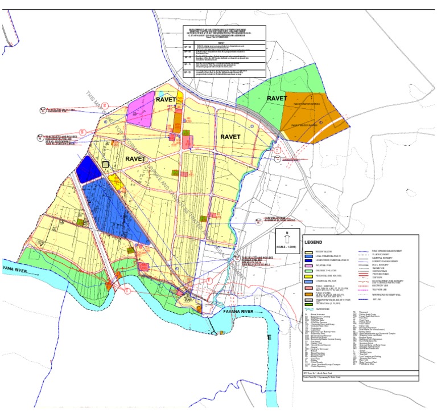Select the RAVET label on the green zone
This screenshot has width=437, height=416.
(x=277, y=99)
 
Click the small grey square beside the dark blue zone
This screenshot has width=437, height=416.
(x=105, y=164)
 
